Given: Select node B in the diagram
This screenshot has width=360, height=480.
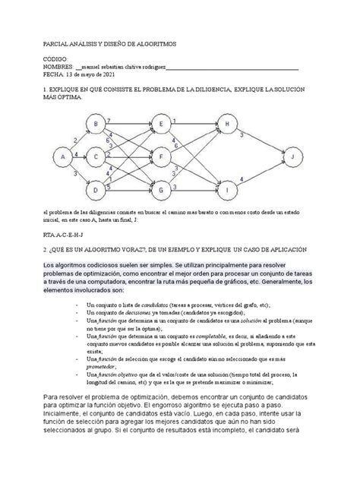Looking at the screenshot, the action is (96, 125).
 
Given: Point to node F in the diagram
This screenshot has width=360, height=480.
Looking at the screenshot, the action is (160, 156).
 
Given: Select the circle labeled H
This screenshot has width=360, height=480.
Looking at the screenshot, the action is (225, 125).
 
